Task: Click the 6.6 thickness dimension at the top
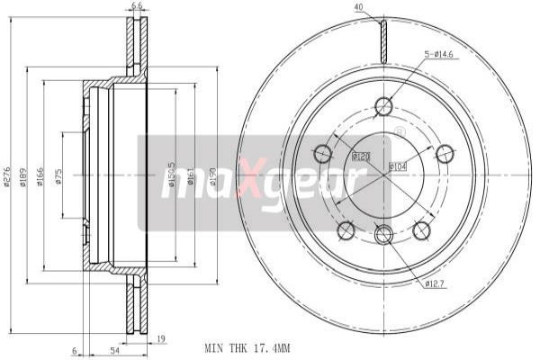click(x=137, y=6)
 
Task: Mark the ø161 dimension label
click(x=193, y=178)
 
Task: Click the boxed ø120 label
click(x=362, y=157)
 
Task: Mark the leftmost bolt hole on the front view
click(x=319, y=150)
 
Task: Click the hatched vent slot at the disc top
click(x=383, y=40)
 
